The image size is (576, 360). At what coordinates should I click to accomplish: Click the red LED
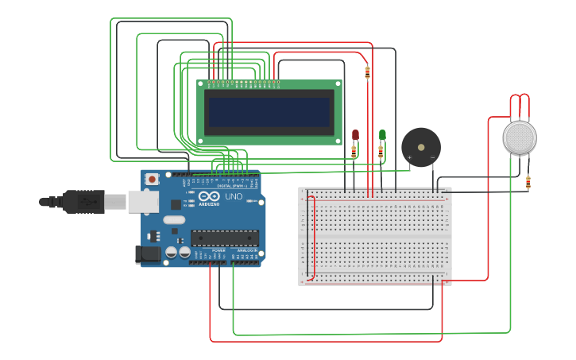[355, 134]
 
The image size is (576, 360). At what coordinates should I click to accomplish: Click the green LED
[382, 134]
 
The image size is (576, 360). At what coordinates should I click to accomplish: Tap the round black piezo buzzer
[420, 146]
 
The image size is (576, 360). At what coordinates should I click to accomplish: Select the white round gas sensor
[520, 137]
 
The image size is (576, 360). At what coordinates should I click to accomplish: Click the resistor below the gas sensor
[528, 184]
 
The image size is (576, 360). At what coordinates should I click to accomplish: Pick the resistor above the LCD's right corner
[367, 72]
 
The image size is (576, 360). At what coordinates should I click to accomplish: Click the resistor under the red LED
[354, 152]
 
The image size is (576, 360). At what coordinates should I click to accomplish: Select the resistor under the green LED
[381, 151]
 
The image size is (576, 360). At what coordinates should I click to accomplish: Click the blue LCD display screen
[269, 112]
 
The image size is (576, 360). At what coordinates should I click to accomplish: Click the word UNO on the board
[234, 196]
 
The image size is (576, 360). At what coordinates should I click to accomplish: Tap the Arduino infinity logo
[209, 196]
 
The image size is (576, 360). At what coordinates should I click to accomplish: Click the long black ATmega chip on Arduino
[224, 237]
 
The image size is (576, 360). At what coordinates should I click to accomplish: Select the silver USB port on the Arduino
[143, 202]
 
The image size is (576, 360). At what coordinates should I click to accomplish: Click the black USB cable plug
[83, 202]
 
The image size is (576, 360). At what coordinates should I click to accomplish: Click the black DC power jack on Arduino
[148, 254]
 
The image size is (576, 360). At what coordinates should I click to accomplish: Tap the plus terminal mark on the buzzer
[410, 157]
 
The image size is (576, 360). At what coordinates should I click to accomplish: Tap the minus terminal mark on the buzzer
[432, 157]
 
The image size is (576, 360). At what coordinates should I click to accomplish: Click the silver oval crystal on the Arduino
[175, 220]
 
